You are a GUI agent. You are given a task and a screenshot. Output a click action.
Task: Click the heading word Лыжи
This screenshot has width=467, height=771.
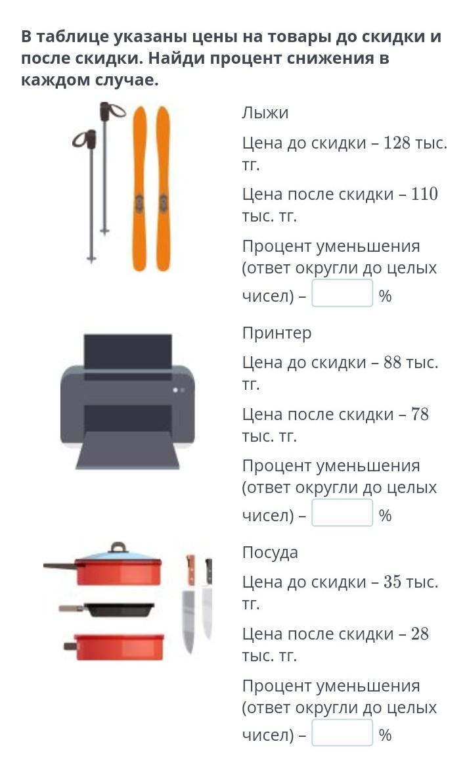[265, 113]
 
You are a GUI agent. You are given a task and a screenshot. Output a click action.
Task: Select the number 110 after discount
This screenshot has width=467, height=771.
[424, 194]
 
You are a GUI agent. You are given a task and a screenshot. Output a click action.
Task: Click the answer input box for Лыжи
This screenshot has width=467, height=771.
[342, 293]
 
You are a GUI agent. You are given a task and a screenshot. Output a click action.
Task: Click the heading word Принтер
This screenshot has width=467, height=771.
[277, 333]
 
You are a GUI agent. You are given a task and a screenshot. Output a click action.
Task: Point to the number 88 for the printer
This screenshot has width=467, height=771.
[392, 362]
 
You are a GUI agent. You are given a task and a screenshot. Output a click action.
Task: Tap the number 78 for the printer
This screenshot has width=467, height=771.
[420, 414]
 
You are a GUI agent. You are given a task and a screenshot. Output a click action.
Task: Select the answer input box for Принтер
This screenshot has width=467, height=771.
[342, 513]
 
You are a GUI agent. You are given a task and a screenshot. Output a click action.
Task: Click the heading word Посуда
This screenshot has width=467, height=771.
[270, 553]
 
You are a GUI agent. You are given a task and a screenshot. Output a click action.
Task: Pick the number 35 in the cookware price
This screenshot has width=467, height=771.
[392, 582]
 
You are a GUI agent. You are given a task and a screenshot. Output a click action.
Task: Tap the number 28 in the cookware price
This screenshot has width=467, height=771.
[420, 634]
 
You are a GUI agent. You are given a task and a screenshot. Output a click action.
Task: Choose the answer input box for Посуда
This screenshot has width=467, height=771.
[342, 732]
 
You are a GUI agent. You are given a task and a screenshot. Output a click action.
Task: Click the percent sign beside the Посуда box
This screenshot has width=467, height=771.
[386, 735]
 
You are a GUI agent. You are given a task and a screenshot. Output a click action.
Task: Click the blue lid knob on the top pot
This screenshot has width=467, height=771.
[118, 547]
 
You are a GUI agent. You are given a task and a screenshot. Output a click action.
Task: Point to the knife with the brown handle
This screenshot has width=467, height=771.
[189, 604]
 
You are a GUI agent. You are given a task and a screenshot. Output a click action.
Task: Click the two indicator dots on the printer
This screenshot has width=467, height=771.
[179, 390]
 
